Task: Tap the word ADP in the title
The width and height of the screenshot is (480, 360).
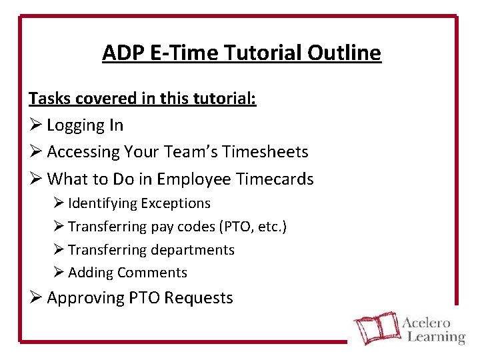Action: tap(121, 53)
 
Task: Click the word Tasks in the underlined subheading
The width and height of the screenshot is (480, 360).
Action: tap(49, 99)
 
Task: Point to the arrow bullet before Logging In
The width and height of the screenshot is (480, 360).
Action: tap(35, 125)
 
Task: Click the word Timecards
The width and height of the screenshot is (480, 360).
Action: tap(275, 179)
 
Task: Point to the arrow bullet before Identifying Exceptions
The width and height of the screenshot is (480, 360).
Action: tap(59, 203)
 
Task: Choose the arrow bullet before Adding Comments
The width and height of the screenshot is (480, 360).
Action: tap(59, 273)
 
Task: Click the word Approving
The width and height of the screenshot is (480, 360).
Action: tap(84, 298)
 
